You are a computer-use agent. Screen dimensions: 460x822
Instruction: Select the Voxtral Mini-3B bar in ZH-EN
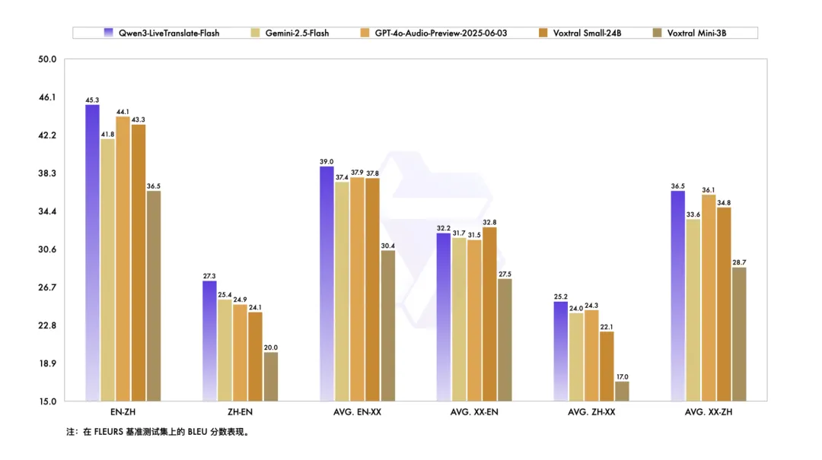270,376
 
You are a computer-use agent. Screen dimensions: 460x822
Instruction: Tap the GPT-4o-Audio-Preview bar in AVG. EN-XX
357,289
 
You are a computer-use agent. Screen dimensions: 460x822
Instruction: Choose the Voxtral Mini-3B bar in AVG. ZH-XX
622,391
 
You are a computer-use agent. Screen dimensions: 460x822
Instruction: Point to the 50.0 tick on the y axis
46,59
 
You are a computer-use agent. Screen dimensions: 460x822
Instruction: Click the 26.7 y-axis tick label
46,287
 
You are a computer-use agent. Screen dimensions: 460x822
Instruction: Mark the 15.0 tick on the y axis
46,401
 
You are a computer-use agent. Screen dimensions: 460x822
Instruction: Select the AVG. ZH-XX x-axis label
591,412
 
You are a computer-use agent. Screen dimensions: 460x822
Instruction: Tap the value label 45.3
92,100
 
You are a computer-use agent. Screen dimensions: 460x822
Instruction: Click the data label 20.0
270,347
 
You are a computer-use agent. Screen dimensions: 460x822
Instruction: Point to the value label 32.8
489,222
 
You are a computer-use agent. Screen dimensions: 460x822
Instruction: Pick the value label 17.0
622,376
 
